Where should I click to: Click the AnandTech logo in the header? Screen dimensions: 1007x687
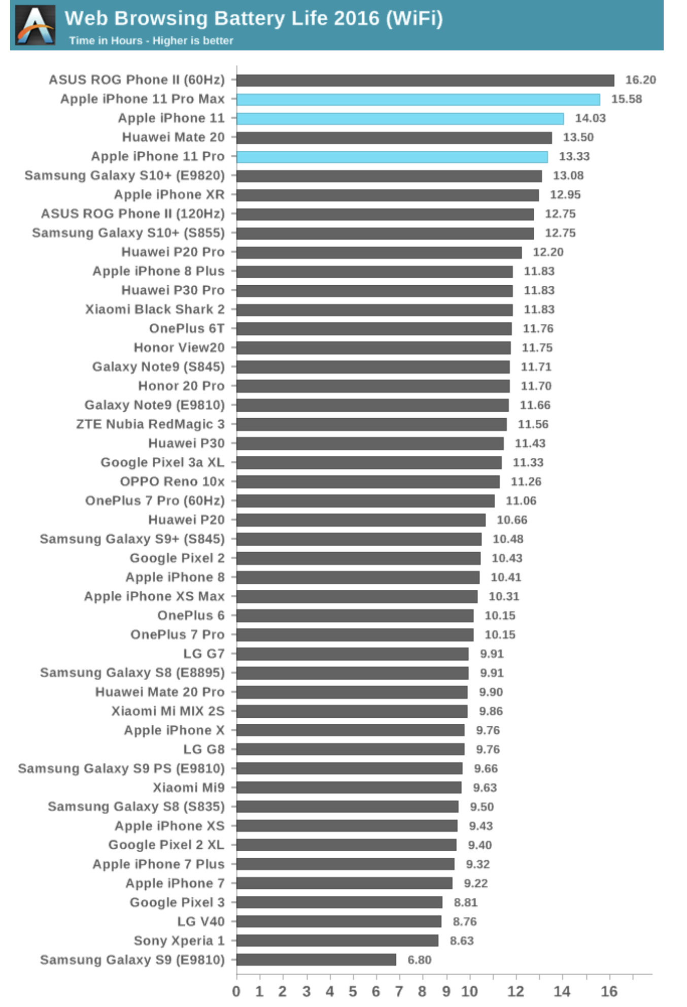pos(35,25)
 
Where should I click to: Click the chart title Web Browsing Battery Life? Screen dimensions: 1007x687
pos(253,19)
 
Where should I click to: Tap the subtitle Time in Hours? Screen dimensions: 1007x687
pos(151,41)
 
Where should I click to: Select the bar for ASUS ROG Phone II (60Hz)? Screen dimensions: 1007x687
pos(425,80)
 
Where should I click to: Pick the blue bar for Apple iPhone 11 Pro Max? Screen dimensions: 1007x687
pos(418,99)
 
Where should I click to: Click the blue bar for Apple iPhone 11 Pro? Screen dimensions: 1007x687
pos(392,157)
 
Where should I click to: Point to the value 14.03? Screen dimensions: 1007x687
pos(590,118)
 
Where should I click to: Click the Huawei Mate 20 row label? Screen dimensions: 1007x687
pos(173,138)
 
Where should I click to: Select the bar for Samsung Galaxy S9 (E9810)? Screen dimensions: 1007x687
pos(316,960)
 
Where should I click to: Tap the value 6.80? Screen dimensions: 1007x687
pos(419,960)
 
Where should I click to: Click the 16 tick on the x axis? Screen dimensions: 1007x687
pos(609,991)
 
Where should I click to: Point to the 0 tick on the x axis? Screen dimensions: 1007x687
pos(236,991)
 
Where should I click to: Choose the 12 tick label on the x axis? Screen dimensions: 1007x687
pos(516,991)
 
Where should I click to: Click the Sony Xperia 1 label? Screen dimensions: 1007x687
pos(179,941)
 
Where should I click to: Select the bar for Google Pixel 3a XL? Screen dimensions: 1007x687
pos(369,462)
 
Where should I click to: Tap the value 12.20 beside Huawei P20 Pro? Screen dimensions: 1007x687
pos(548,252)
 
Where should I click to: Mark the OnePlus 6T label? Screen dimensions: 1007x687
pos(186,328)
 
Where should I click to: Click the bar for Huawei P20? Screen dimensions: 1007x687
pos(361,520)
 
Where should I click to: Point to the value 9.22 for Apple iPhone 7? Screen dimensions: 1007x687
pos(475,884)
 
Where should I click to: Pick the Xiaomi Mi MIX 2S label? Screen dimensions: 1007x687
pos(167,711)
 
